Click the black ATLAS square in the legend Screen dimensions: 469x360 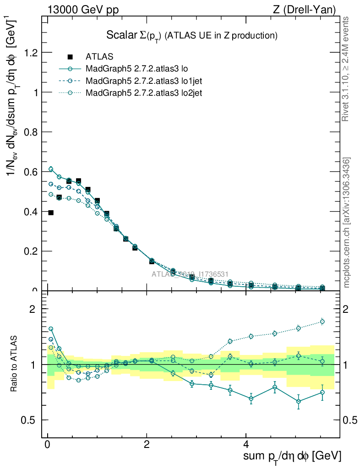click(x=70, y=57)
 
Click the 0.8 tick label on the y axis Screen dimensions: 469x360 click(x=31, y=132)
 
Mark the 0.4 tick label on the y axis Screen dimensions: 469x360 click(x=31, y=212)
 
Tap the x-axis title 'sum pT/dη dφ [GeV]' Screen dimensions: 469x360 click(x=292, y=456)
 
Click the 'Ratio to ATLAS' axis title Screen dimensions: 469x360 click(x=14, y=365)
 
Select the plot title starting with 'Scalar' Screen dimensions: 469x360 click(x=192, y=35)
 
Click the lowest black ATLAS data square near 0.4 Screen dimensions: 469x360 click(x=51, y=213)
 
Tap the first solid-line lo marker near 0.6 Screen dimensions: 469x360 click(x=51, y=169)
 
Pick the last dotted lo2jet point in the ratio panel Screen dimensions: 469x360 click(x=322, y=322)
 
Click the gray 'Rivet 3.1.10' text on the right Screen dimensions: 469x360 click(x=346, y=69)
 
